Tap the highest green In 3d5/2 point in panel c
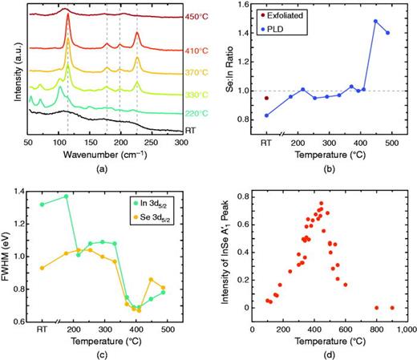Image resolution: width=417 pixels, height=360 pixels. (66, 196)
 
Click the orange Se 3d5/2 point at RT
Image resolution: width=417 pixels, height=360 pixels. (42, 268)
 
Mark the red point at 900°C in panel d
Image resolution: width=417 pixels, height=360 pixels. (392, 308)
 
